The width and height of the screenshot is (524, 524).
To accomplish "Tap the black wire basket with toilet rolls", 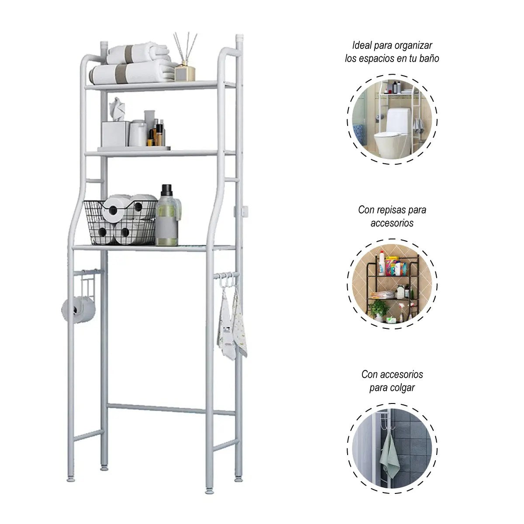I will click(120, 222).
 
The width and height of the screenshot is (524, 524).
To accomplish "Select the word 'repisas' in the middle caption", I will click(391, 210).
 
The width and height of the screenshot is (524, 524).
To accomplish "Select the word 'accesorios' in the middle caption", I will click(392, 223).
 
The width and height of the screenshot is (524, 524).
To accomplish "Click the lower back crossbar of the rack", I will click(170, 409).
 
